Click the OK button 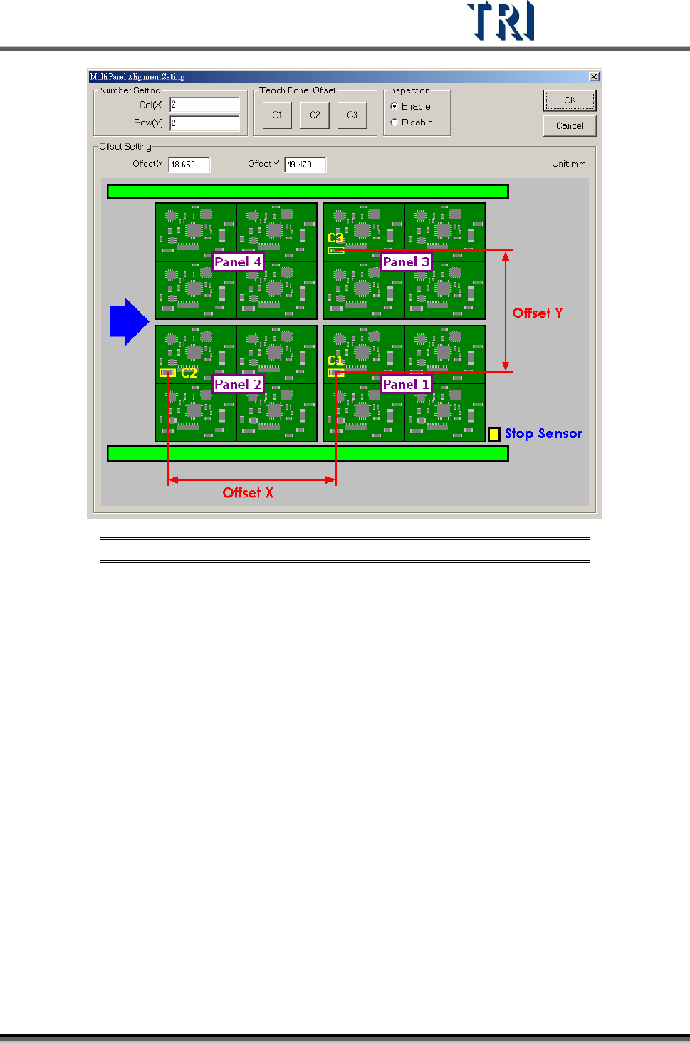(569, 101)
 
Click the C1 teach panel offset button (277, 115)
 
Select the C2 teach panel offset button (315, 115)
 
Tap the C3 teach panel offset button (352, 115)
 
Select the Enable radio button (394, 106)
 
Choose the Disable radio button (394, 123)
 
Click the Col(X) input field (204, 105)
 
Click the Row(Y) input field (204, 123)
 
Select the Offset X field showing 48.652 (189, 165)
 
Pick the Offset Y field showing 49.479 (305, 165)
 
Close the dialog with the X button (594, 77)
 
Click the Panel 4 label (238, 262)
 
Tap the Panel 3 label (406, 262)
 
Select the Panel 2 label (238, 385)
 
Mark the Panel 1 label (406, 385)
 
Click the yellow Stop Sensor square (494, 434)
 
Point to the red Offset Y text (538, 313)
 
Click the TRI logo (501, 21)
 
